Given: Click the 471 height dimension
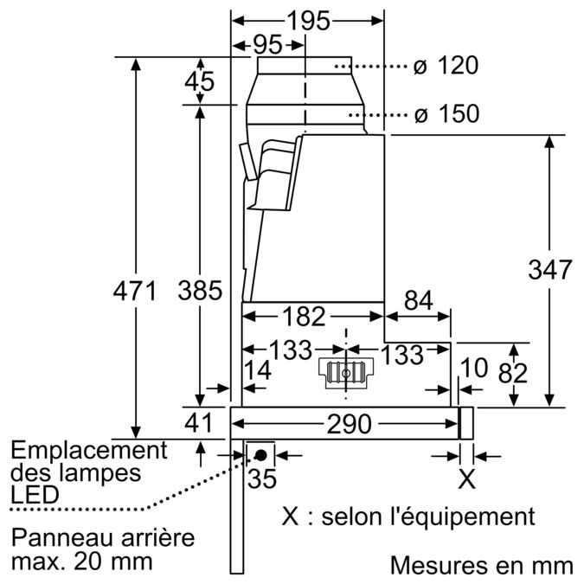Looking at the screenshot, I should (x=135, y=292).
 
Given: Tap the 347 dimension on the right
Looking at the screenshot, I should (x=550, y=269).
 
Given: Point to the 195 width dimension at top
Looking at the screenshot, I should (x=308, y=22).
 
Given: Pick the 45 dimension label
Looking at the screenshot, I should (x=200, y=82).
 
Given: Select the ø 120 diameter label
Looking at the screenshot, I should (x=445, y=66).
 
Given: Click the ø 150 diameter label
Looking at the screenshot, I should (x=445, y=114).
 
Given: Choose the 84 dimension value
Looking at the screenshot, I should (x=418, y=300).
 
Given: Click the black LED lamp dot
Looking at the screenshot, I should (x=260, y=454).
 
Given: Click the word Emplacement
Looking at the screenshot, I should (x=89, y=451).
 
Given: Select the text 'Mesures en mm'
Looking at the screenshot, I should (x=481, y=566).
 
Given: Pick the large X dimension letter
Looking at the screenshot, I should (x=466, y=478).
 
